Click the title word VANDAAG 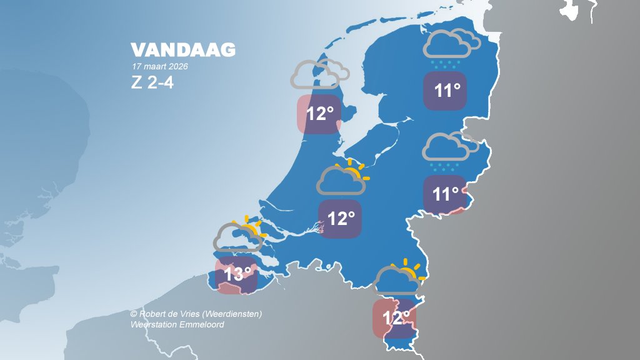tap(183, 51)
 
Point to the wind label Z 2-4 tap(152, 82)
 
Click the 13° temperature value tap(237, 274)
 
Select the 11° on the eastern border tap(446, 194)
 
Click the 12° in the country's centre tap(341, 219)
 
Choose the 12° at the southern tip tap(395, 317)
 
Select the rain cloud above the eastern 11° tap(447, 149)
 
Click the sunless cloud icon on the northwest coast tap(316, 75)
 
